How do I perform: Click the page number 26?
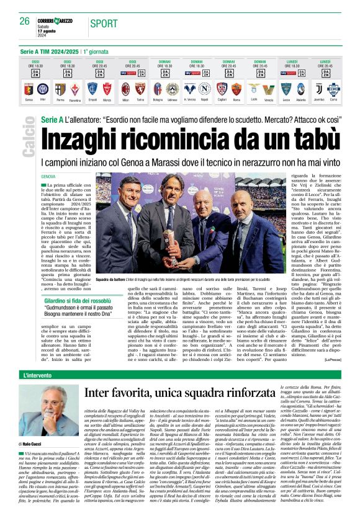[x=24, y=20]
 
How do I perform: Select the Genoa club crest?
[x=28, y=89]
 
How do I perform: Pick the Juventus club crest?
[x=319, y=89]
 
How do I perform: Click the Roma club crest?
[x=236, y=89]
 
